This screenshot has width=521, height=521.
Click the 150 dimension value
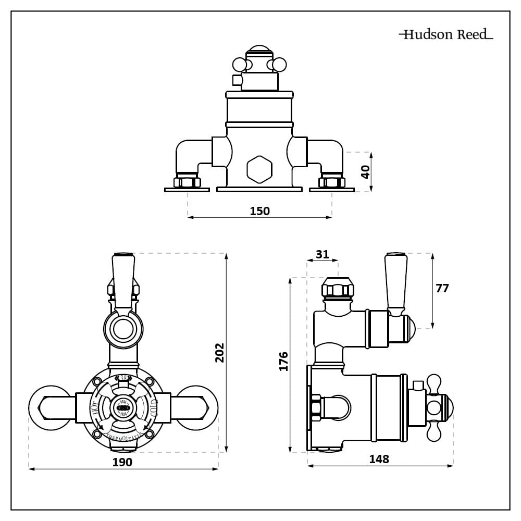click(x=259, y=211)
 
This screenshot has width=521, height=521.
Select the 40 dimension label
click(x=365, y=172)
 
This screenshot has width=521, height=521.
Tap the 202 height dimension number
click(x=219, y=353)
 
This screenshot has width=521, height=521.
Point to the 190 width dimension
click(x=122, y=462)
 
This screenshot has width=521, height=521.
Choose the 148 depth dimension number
click(x=379, y=459)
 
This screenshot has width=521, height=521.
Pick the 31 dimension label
click(x=322, y=254)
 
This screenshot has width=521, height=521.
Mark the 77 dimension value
click(x=442, y=289)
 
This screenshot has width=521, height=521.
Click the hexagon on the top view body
click(x=259, y=169)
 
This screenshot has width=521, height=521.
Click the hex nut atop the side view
click(x=338, y=290)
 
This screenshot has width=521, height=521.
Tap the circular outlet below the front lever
click(x=123, y=329)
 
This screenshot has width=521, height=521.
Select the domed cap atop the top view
click(x=259, y=52)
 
